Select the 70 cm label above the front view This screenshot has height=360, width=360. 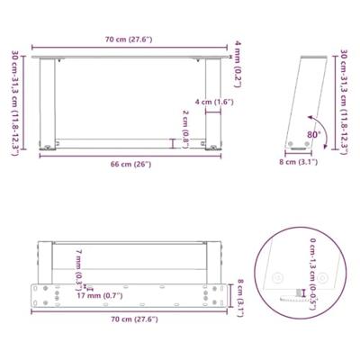127,40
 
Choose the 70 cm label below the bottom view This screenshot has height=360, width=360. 127,319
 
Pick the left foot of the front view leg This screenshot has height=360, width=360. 44,151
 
